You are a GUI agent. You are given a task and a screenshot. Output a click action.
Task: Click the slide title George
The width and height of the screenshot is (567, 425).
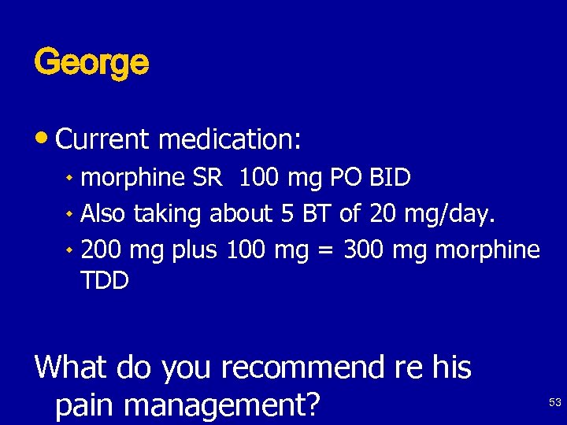click(x=91, y=63)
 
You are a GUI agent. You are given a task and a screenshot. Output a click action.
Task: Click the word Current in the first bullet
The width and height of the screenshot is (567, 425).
click(x=102, y=139)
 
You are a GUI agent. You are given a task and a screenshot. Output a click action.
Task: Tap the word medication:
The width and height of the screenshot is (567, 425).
click(x=230, y=139)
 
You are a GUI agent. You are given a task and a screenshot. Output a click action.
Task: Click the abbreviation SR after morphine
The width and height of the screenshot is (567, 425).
click(x=207, y=177)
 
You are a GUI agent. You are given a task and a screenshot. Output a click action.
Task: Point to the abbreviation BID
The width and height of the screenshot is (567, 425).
click(x=390, y=177)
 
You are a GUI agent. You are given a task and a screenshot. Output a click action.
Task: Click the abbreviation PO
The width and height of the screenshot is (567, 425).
click(x=345, y=177)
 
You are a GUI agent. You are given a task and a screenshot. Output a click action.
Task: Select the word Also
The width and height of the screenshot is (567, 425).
click(x=105, y=213)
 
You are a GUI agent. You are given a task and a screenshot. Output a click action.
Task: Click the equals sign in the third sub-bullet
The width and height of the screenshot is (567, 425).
click(x=323, y=251)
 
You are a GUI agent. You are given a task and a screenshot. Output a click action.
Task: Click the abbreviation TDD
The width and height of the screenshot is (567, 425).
click(x=105, y=281)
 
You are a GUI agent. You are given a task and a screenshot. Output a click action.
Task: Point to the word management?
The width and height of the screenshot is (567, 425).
click(x=223, y=405)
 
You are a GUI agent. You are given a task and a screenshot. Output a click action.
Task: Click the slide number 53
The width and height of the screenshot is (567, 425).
click(x=554, y=402)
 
